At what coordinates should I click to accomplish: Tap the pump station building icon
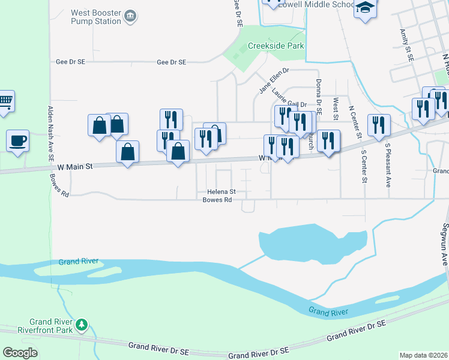coord(130,17)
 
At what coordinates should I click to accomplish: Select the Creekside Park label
coord(276,46)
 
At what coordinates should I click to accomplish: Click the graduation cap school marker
coord(364,8)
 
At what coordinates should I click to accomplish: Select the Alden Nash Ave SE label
coord(50,131)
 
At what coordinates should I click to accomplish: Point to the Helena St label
coord(221,192)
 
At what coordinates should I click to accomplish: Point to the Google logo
coord(20,353)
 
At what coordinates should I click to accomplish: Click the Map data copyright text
coord(423,355)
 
